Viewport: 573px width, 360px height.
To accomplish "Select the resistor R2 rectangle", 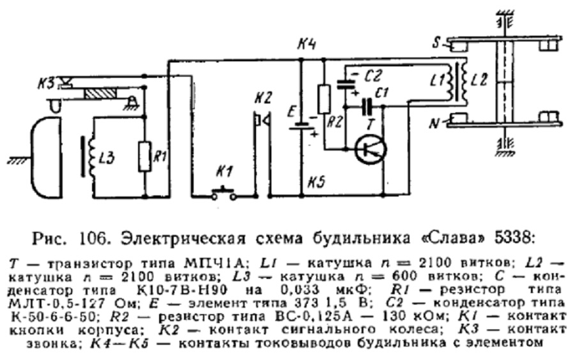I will pyautogui.click(x=324, y=100).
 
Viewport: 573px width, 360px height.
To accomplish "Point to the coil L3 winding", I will pyautogui.click(x=93, y=156).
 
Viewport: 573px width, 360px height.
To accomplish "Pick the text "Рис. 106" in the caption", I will pyautogui.click(x=68, y=239).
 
